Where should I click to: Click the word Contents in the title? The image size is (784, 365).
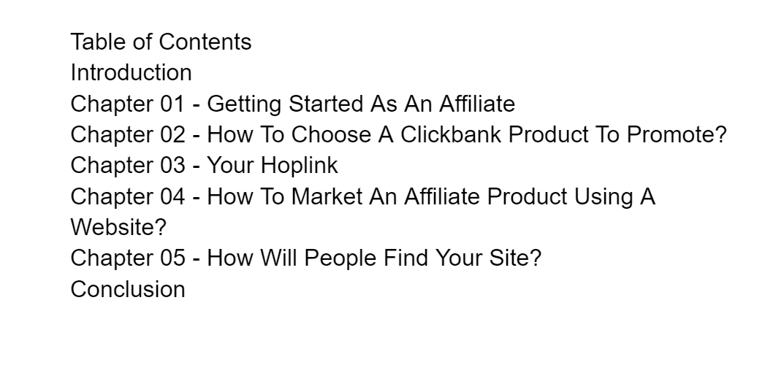[x=205, y=42]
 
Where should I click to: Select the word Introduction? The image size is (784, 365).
[x=131, y=73]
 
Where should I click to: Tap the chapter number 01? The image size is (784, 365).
[x=172, y=104]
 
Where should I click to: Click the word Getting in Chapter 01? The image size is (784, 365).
[x=244, y=105]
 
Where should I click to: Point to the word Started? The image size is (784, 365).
[x=326, y=104]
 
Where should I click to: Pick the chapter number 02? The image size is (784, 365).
[x=172, y=135]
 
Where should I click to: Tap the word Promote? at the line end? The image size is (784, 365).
[x=677, y=135]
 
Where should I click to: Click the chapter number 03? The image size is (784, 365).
[x=172, y=166]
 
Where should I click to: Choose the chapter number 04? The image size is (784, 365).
[x=172, y=196]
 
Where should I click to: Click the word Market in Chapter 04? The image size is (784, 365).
[x=327, y=196]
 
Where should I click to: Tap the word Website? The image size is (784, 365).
[x=118, y=228]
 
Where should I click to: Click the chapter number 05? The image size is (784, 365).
[x=172, y=258]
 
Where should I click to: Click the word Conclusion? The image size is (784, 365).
[x=128, y=290]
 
